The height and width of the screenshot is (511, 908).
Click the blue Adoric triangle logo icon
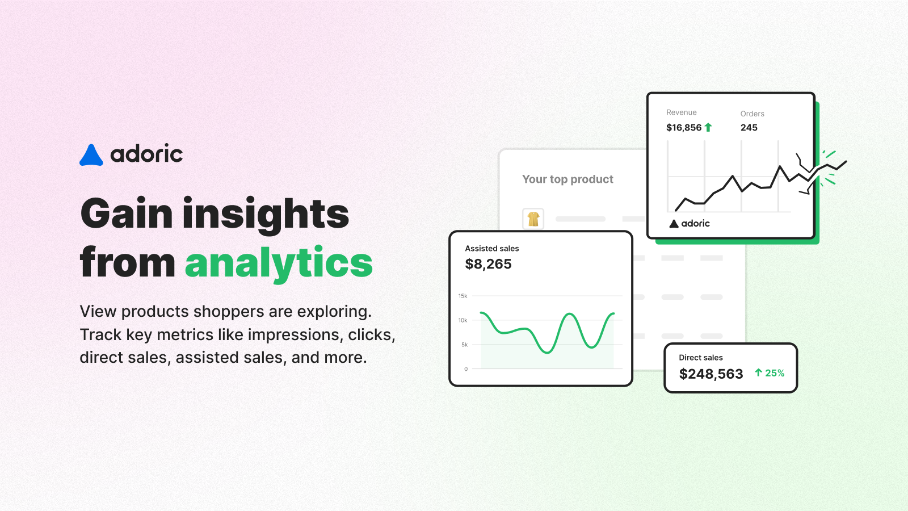coord(91,155)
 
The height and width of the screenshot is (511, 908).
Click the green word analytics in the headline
coord(279,263)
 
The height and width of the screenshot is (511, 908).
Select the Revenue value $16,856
coord(684,128)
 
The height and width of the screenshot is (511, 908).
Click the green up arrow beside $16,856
coord(708,127)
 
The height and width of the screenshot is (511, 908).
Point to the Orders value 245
coord(749,128)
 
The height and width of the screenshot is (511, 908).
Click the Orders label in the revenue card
coord(753,114)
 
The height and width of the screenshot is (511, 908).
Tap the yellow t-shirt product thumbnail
coord(533,219)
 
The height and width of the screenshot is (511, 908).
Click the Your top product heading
coord(567,179)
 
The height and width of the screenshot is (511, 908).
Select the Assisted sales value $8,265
coord(488,264)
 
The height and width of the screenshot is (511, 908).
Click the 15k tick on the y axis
coord(463,296)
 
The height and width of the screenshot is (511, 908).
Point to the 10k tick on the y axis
coord(463,320)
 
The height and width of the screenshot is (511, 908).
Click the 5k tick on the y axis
coord(464,345)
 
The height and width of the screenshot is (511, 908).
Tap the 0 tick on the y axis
coord(466,369)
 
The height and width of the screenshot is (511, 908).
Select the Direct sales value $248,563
coord(711,374)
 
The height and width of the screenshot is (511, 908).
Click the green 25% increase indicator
coord(770,373)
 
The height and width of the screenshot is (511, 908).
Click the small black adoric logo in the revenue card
coord(690,224)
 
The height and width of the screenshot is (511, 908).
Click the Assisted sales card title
coord(491,248)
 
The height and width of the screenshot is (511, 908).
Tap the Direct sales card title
coord(700,357)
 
